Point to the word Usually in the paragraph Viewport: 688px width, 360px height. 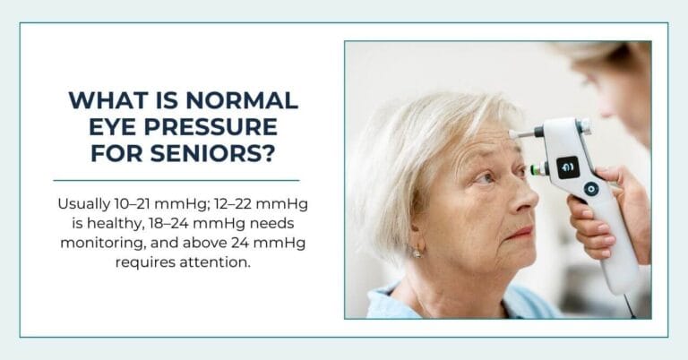coord(83,205)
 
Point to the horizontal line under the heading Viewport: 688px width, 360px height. coord(176,181)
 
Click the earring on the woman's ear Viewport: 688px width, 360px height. coord(416,253)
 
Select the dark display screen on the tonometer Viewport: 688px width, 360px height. coord(568,167)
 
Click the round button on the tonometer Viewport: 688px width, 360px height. coord(590,190)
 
